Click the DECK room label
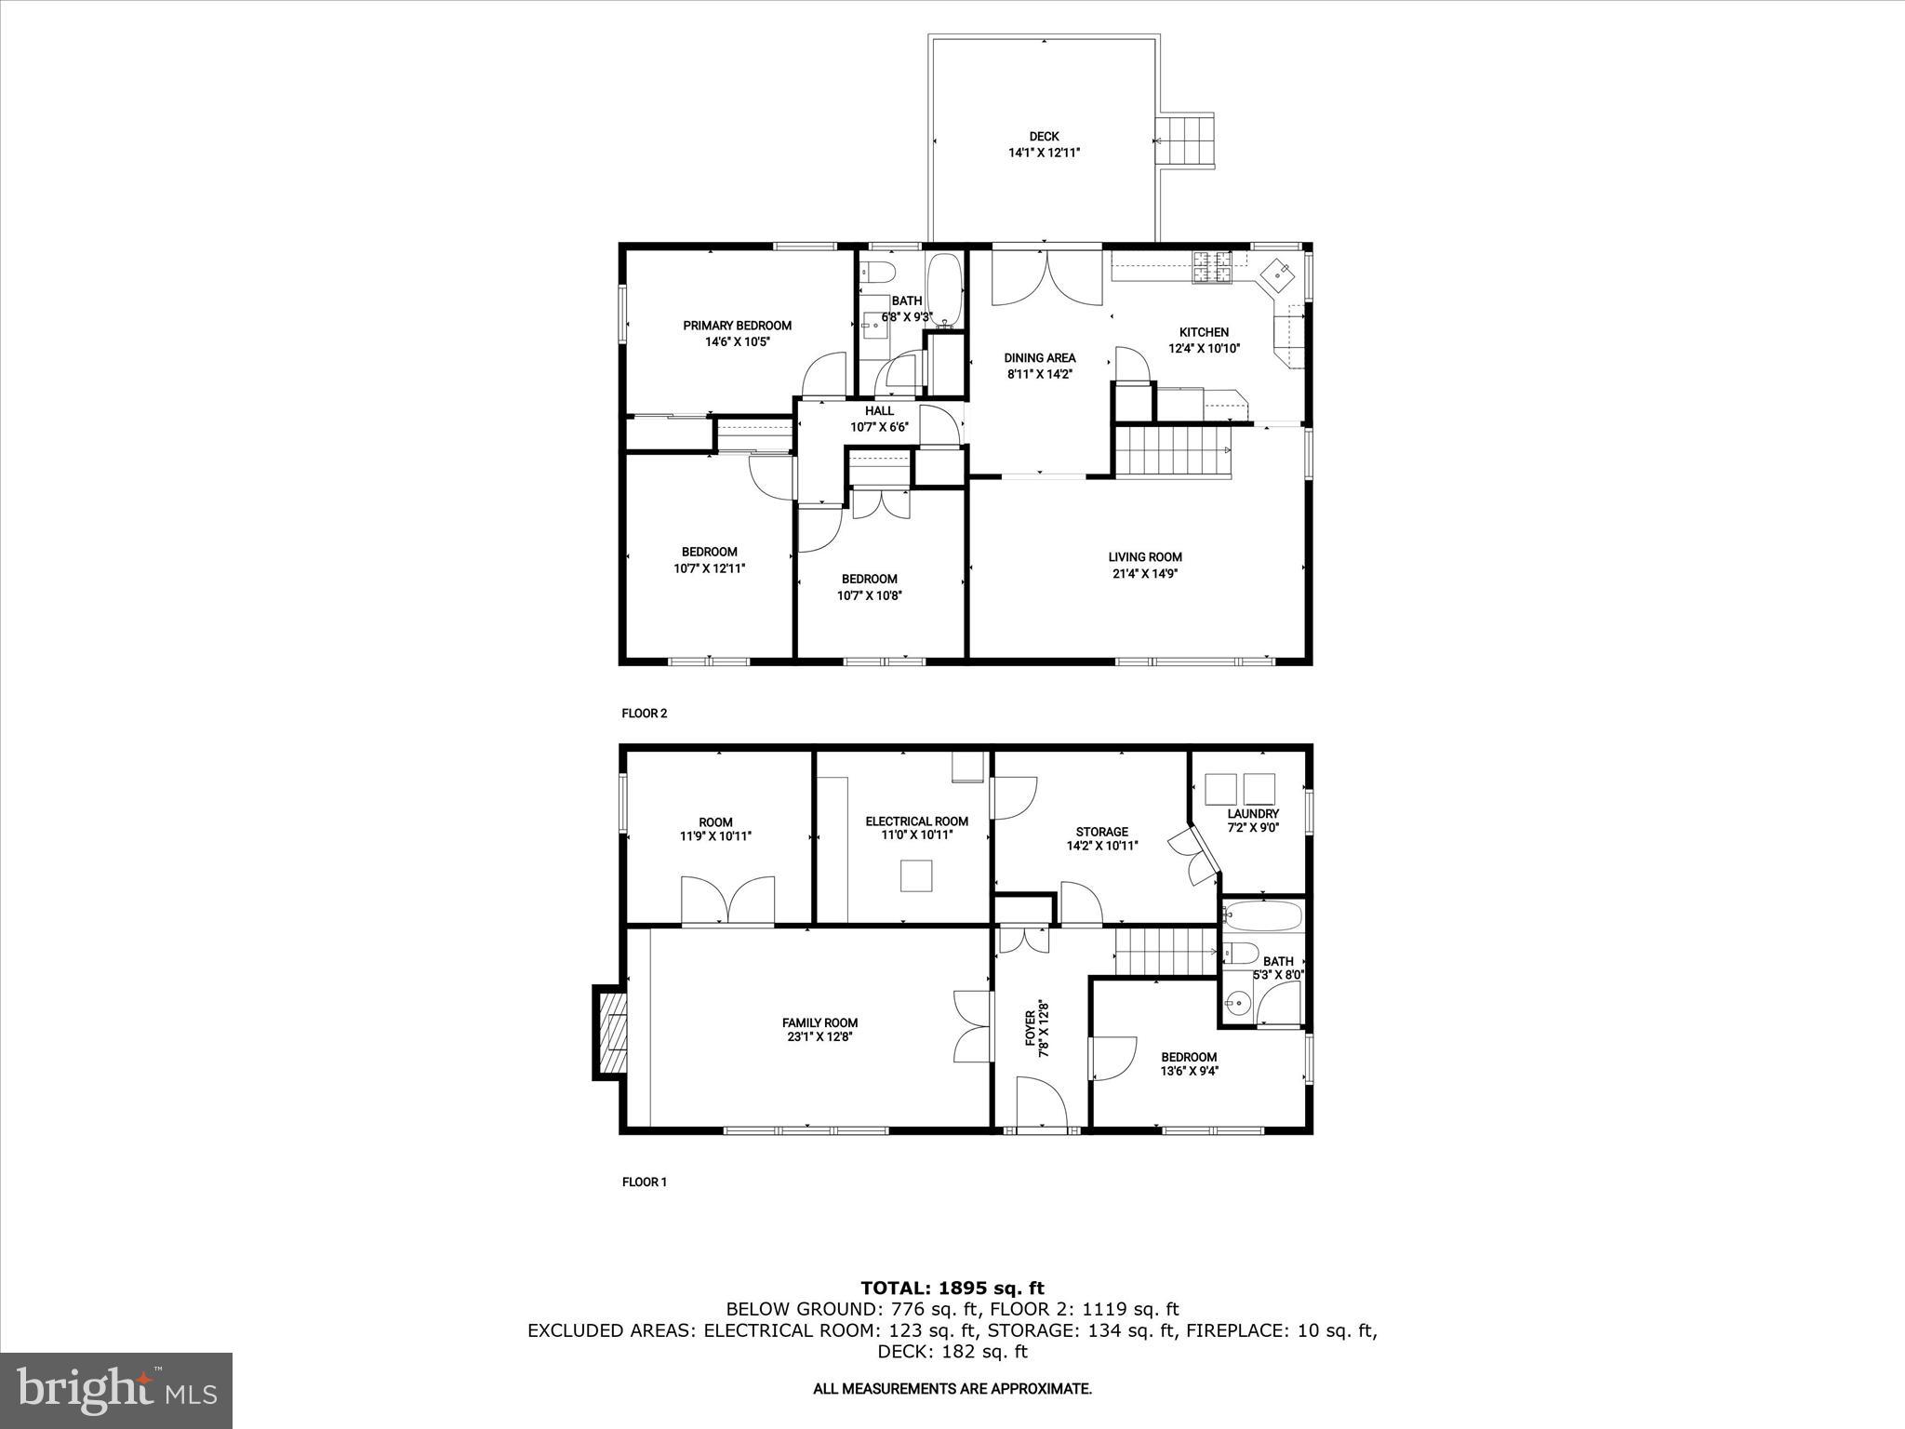[1044, 137]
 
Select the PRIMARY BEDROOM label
[737, 326]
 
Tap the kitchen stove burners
[1212, 267]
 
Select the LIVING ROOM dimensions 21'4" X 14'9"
[1144, 574]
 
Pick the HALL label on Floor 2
[879, 411]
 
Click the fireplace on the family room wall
[609, 1033]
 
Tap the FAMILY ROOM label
[819, 1023]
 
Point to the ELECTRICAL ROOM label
[916, 821]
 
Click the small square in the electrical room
[916, 876]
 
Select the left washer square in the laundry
[1219, 789]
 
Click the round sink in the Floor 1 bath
[1238, 1003]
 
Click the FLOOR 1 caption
[645, 1182]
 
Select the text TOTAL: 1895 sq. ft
[952, 1289]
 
